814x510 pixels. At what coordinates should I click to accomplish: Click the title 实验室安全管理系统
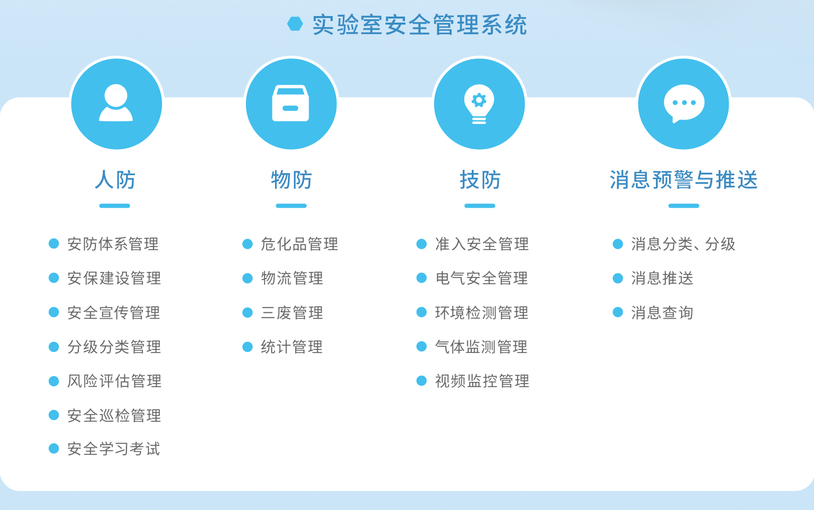coord(420,25)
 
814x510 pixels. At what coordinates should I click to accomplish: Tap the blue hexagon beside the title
coord(295,24)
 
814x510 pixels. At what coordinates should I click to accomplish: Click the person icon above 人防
coord(116,103)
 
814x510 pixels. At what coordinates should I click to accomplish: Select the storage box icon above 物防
coord(291,103)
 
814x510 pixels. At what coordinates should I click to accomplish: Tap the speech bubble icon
coord(684,103)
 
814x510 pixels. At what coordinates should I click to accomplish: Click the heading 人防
coord(115,180)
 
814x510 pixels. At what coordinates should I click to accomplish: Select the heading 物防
coord(292,180)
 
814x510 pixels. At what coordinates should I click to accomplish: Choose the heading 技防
coord(480,180)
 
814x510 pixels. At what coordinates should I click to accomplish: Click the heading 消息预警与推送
coord(684,180)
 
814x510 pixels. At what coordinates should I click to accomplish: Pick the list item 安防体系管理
coord(113,244)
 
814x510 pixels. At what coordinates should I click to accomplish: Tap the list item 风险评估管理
coord(114,381)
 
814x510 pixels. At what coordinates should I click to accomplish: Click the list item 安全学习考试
coord(114,449)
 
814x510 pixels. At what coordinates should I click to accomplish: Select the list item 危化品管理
coord(300,244)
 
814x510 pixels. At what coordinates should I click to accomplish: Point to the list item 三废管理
coord(292,313)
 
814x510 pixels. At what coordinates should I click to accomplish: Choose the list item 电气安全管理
coord(481,279)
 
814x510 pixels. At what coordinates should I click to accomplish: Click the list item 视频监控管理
coord(482,381)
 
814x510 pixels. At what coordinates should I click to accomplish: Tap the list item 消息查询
coord(662,313)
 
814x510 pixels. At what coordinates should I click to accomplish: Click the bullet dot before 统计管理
coord(247,347)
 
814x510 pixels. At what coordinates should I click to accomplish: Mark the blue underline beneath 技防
coord(480,206)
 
